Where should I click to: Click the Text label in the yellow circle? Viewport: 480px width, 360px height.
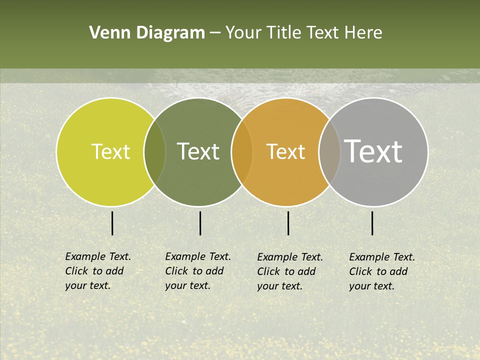tap(110, 151)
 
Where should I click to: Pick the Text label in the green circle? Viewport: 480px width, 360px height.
tap(198, 151)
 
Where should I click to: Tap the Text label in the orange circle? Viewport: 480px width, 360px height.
tap(285, 151)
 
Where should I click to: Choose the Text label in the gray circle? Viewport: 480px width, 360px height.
tap(373, 151)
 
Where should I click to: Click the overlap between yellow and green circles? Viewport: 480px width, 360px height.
tap(154, 151)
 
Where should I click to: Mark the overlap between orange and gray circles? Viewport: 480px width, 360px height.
tap(329, 151)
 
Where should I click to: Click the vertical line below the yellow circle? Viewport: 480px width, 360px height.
tap(112, 223)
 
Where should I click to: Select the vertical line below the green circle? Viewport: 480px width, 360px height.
tap(200, 223)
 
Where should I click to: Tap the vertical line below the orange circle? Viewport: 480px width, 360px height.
tap(288, 223)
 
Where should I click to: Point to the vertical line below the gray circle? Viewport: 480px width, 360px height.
tap(372, 223)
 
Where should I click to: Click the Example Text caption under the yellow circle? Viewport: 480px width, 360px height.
tap(97, 271)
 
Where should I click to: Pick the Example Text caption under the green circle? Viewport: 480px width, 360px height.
tap(197, 271)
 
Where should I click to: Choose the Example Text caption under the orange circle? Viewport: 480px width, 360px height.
tap(289, 271)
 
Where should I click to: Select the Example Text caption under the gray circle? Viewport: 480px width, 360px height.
tap(381, 271)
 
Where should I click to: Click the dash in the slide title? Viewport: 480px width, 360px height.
tap(215, 33)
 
